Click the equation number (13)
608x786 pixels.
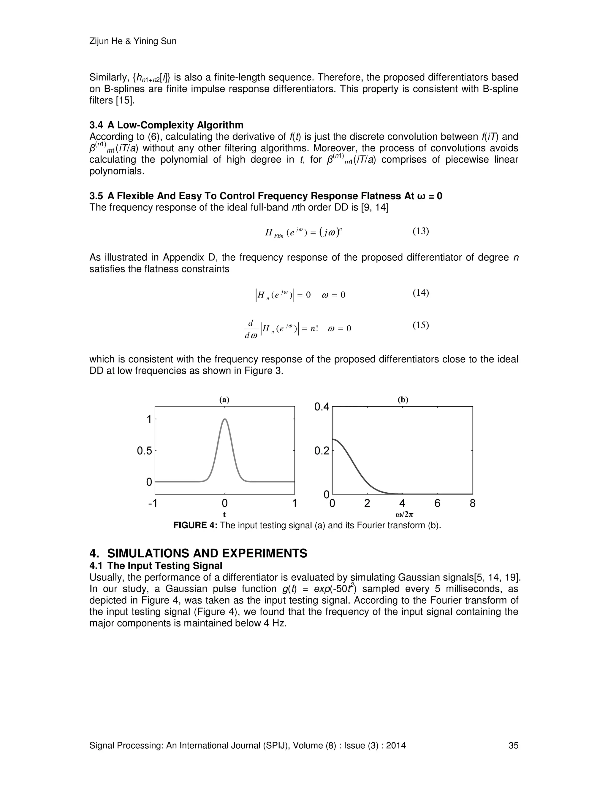click(x=420, y=231)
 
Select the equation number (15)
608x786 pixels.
click(x=420, y=325)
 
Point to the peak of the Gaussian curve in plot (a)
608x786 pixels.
click(x=225, y=419)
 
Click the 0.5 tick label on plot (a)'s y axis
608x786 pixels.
click(x=145, y=451)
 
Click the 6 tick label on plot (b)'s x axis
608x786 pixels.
click(x=437, y=503)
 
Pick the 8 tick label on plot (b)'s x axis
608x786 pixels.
click(x=473, y=503)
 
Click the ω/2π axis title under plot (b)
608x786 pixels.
click(x=402, y=515)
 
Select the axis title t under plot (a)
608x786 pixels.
click(x=224, y=515)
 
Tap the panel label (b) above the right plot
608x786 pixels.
click(x=403, y=400)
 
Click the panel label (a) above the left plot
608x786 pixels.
click(x=224, y=400)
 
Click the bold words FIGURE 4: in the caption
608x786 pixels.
click(x=195, y=526)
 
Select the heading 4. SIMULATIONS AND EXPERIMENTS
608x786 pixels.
click(x=198, y=553)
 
